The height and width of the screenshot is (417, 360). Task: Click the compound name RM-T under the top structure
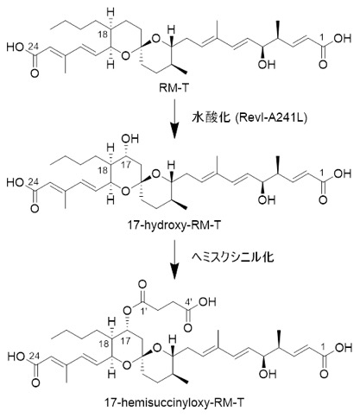point(174,88)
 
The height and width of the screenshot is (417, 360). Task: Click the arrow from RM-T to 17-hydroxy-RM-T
point(174,118)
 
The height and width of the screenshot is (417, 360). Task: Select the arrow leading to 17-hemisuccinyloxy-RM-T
point(174,259)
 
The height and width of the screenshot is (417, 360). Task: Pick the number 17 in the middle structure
point(125,167)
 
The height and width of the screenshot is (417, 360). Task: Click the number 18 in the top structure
point(103,35)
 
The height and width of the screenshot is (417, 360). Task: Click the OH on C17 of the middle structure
point(130,139)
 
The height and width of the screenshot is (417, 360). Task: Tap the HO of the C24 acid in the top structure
point(16,47)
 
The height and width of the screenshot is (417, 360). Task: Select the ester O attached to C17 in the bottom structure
point(127,310)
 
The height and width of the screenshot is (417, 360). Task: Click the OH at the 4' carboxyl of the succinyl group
point(206,301)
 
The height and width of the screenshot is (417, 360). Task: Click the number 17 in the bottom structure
point(126,340)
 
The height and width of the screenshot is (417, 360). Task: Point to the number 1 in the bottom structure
point(322,339)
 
